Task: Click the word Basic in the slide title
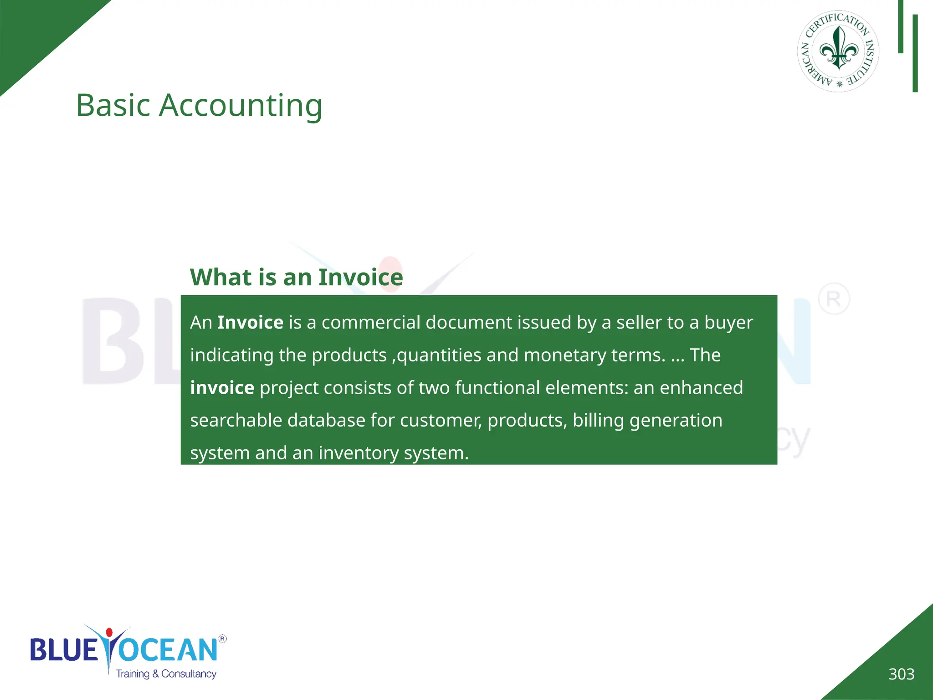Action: click(x=113, y=106)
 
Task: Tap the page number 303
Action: click(x=901, y=674)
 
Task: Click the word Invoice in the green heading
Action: click(x=360, y=277)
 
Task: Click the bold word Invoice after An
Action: click(x=250, y=323)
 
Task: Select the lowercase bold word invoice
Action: click(x=222, y=388)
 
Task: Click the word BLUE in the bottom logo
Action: click(x=64, y=649)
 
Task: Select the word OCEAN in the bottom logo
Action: click(x=169, y=649)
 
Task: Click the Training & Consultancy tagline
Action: click(x=166, y=674)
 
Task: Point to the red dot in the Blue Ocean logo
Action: click(x=109, y=633)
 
